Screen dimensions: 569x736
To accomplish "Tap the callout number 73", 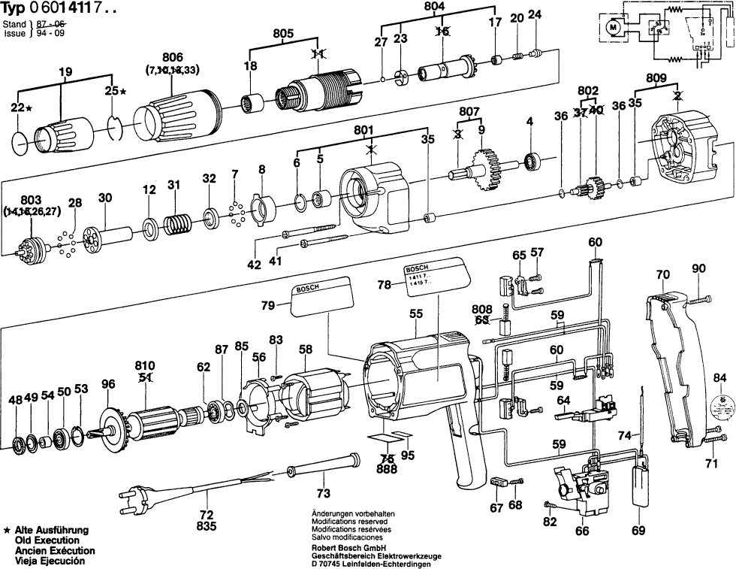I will (x=323, y=494).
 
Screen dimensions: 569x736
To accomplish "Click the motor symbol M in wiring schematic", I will (x=612, y=29).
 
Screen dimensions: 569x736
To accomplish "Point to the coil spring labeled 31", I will (x=177, y=225).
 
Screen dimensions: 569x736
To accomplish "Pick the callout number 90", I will (x=698, y=269).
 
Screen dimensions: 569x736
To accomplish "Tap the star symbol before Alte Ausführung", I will (x=7, y=530).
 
